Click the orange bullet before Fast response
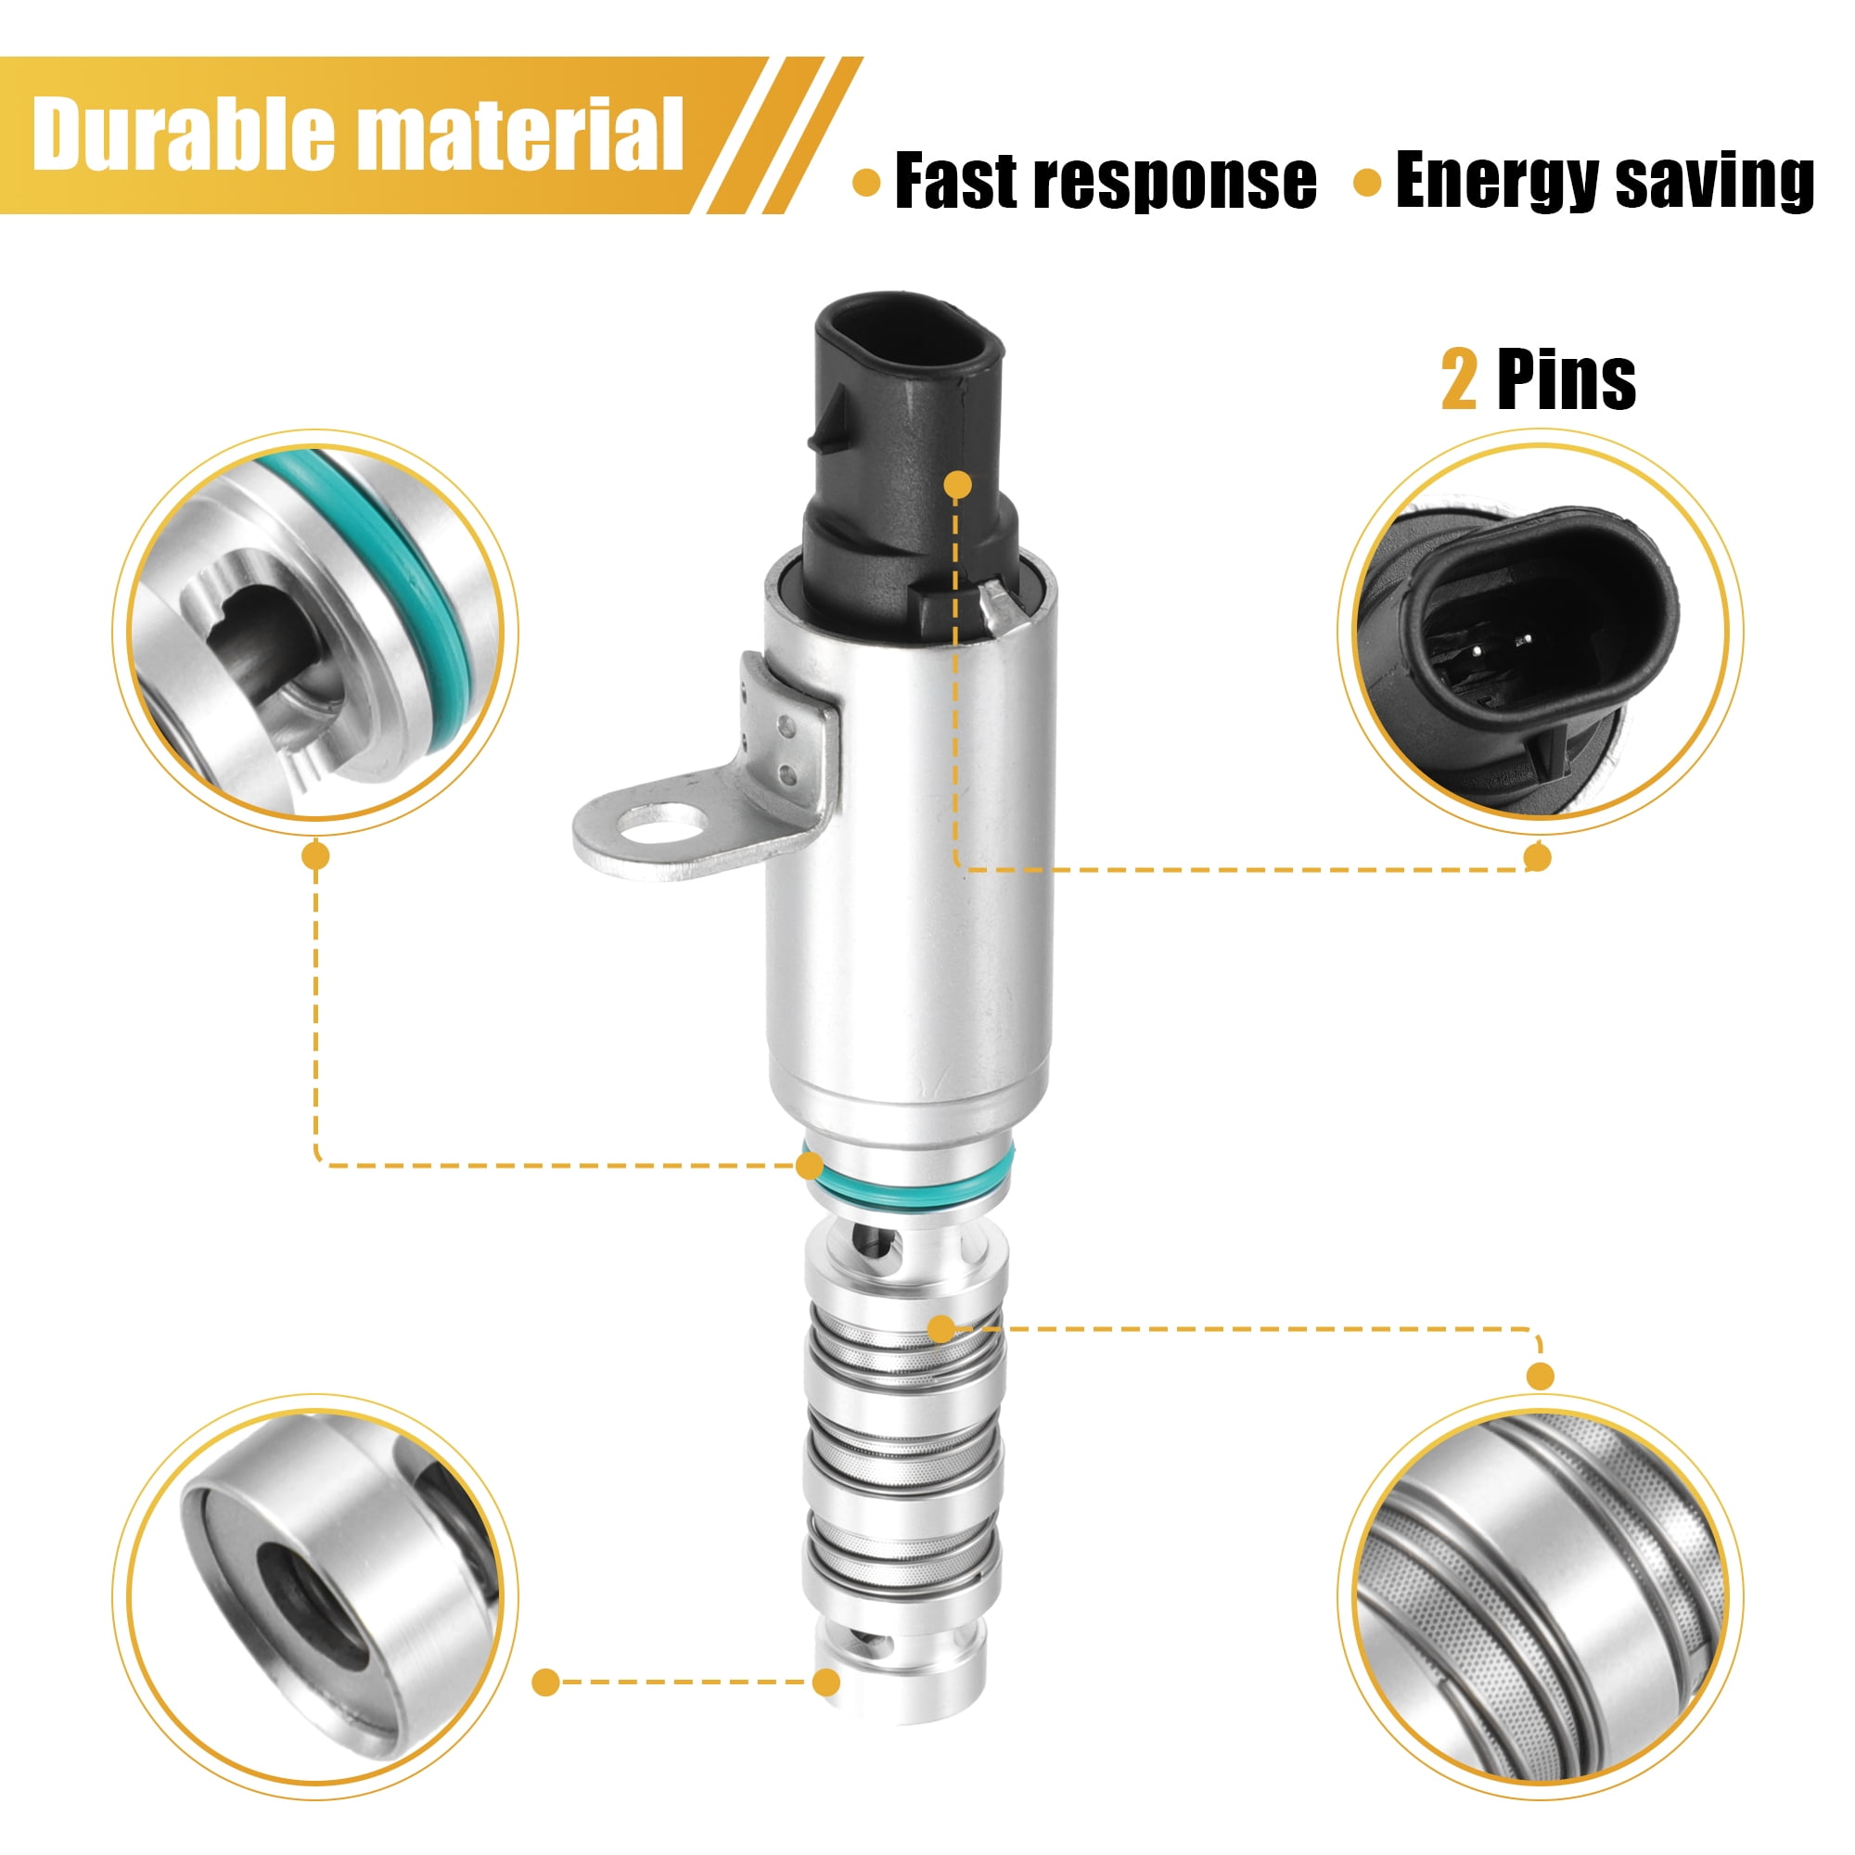pos(866,184)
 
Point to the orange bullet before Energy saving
pos(1367,184)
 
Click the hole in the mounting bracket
pos(661,822)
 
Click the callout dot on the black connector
pos(957,486)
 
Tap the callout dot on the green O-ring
pos(812,1166)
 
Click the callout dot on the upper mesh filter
pos(942,1329)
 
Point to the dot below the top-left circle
pos(315,854)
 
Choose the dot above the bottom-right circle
pos(1539,1375)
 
